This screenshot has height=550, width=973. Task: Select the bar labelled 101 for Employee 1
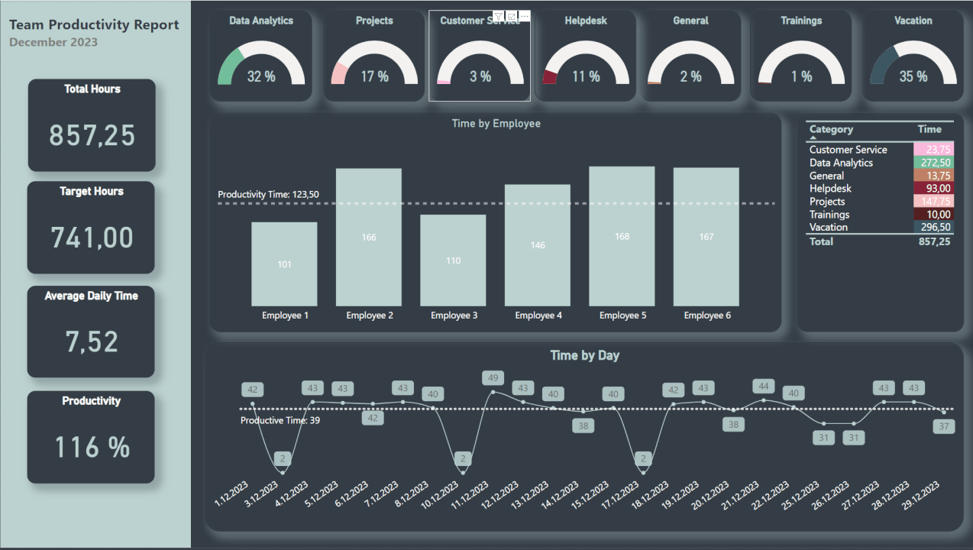(284, 264)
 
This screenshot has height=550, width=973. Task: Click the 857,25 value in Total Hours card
(92, 136)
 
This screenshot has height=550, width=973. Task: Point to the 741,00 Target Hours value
(92, 238)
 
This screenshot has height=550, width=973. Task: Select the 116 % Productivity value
(92, 448)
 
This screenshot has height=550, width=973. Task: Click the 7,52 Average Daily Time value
(92, 342)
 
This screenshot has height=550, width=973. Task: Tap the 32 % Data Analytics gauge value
(261, 76)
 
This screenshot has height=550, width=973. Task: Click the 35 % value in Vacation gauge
(913, 76)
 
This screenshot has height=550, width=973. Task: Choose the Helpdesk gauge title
(586, 21)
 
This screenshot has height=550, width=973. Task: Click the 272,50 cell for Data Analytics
(935, 163)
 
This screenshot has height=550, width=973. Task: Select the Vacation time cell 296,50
(935, 228)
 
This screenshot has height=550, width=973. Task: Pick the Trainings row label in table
(829, 215)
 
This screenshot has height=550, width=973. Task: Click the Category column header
(831, 130)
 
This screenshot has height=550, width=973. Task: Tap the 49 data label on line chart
(493, 377)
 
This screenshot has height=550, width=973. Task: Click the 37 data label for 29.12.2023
(945, 426)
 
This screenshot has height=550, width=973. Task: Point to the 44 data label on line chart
(763, 386)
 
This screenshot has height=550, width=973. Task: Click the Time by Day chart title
(584, 355)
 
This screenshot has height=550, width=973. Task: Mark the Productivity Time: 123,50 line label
(268, 195)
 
